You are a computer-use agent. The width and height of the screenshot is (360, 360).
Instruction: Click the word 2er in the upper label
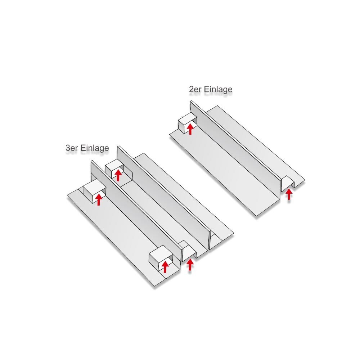point(195,89)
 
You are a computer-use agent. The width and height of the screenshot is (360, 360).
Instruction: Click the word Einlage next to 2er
point(218,89)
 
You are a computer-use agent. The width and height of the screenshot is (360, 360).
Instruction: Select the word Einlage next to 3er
point(95,148)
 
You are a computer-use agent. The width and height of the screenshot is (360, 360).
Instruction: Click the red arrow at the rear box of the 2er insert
point(190,129)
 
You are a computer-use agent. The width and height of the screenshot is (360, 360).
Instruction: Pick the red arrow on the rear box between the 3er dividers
point(118,175)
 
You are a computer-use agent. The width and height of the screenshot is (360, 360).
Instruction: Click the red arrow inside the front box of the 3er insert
point(165,267)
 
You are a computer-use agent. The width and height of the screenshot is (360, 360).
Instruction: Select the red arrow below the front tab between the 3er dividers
point(190,265)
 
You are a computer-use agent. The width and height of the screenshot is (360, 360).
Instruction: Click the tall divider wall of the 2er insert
point(235,147)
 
